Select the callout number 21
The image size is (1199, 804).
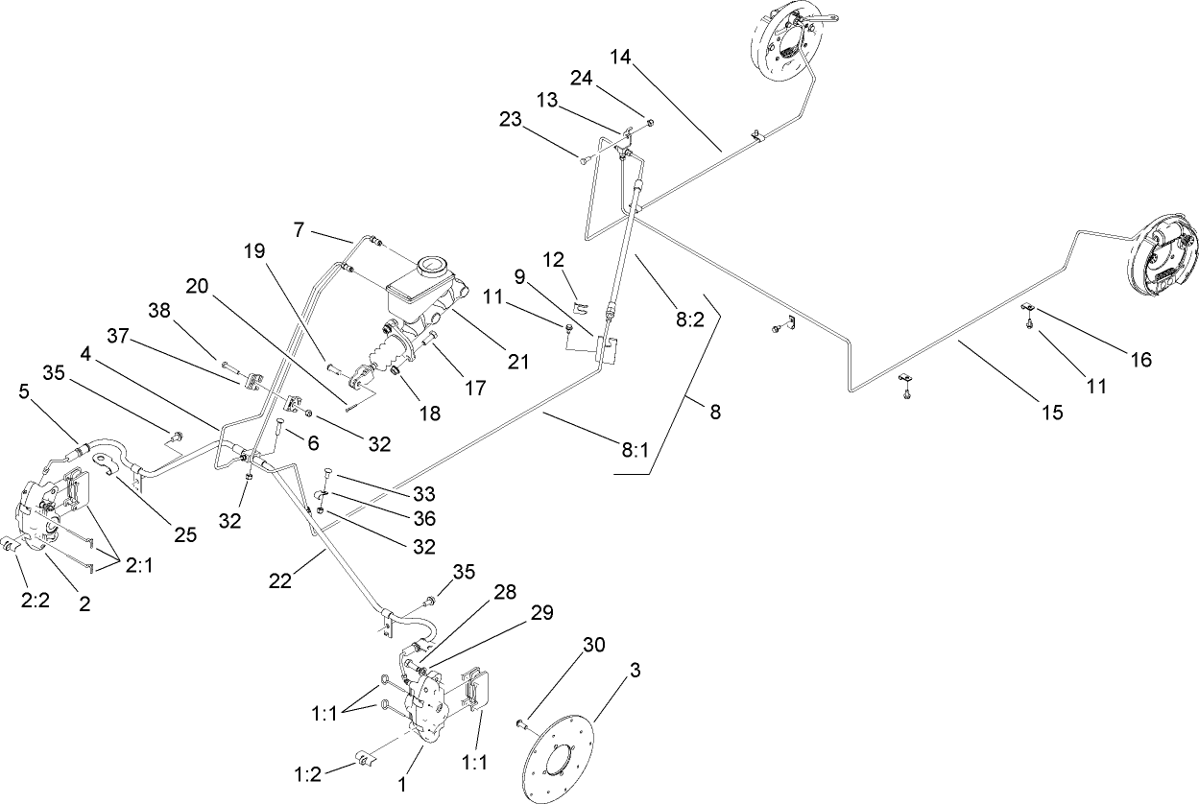[x=518, y=362]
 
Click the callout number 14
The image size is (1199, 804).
[x=620, y=57]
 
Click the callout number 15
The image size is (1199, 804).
[x=1052, y=413]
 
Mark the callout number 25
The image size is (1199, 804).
[x=186, y=535]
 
